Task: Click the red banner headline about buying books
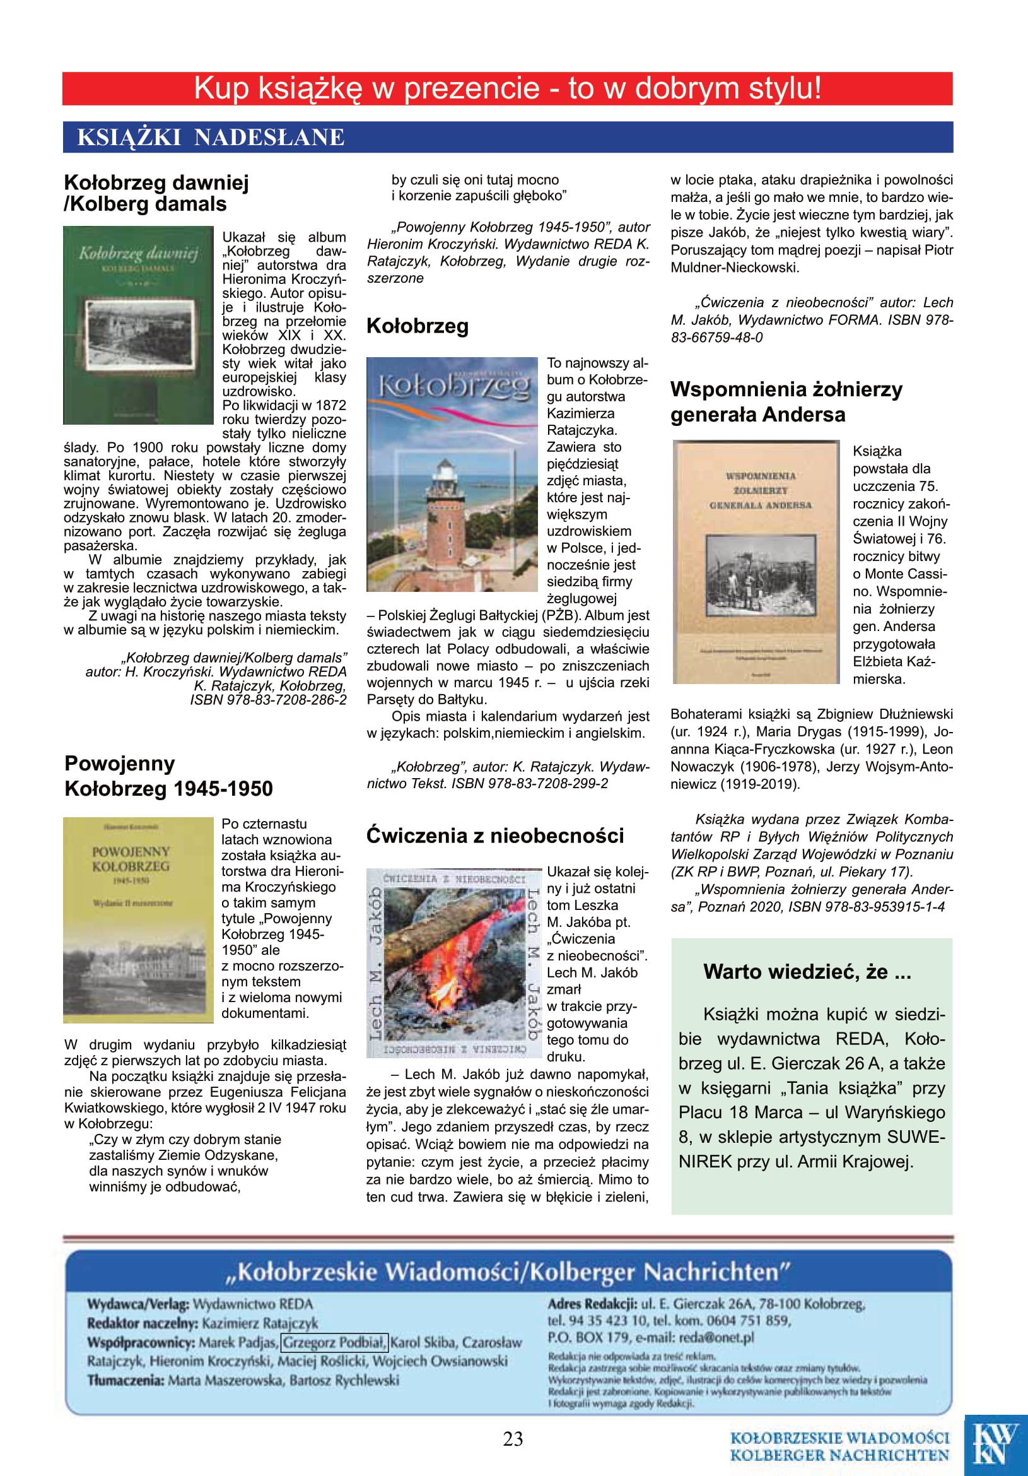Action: click(x=507, y=89)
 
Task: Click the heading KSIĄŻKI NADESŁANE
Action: click(x=211, y=138)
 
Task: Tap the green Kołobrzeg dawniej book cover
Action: click(x=138, y=325)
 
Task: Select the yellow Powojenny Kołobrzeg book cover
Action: click(x=138, y=920)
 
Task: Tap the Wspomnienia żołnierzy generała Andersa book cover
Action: click(x=756, y=561)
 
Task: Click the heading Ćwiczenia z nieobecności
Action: click(x=494, y=835)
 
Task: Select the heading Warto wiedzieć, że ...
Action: click(x=807, y=971)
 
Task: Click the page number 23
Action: click(x=513, y=1439)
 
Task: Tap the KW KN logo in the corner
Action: click(x=995, y=1444)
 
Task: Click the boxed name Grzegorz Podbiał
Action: click(x=335, y=1342)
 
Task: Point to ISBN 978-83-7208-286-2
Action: click(x=268, y=700)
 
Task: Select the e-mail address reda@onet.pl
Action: click(x=716, y=1337)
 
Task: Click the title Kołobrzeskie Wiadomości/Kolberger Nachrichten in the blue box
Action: click(x=507, y=1272)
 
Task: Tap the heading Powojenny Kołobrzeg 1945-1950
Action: click(x=168, y=776)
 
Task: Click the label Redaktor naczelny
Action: click(x=143, y=1323)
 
